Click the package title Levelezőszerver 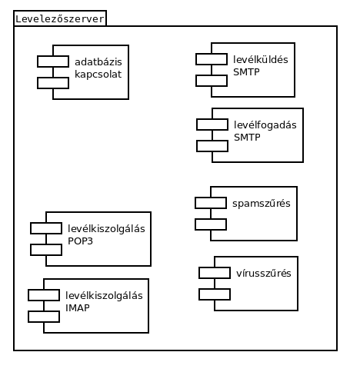pos(60,19)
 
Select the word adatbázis pos(98,62)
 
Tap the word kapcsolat pos(98,75)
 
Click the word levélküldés pos(261,60)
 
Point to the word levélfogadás pos(265,125)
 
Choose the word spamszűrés pos(262,204)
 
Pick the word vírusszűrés pos(264,274)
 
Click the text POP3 pos(80,241)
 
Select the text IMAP pos(78,308)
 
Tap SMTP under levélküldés pos(246,72)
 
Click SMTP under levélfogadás pos(247,138)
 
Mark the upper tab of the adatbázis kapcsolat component pos(53,61)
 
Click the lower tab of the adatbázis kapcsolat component pos(53,83)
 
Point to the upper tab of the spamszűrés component pos(211,203)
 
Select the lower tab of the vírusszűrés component pos(215,294)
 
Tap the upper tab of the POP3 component pos(46,228)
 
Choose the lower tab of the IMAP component pos(44,317)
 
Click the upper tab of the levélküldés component pos(212,59)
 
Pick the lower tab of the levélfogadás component pos(212,146)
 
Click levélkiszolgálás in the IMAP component pos(104,296)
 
